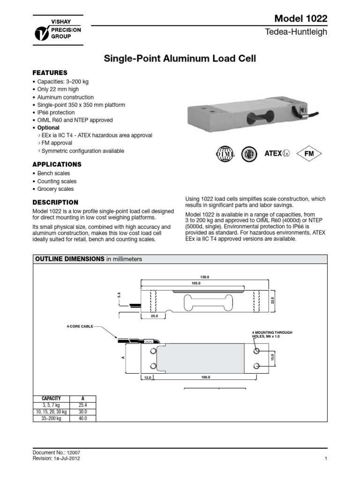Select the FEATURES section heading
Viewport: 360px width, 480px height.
click(50, 73)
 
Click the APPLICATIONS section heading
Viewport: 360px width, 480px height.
click(57, 165)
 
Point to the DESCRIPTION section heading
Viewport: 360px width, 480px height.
click(55, 202)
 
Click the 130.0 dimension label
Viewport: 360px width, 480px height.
click(204, 277)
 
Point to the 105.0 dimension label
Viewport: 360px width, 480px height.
click(196, 284)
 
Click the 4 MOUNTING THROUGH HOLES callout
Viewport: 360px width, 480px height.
click(272, 335)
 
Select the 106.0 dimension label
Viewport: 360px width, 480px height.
click(205, 377)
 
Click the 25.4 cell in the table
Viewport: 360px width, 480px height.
click(83, 405)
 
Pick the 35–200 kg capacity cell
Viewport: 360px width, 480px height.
click(52, 418)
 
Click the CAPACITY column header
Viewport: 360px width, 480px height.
click(52, 398)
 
